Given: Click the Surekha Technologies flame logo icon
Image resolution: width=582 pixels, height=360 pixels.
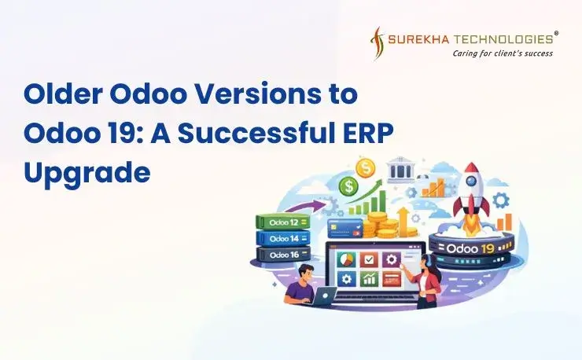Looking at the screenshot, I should click(378, 42).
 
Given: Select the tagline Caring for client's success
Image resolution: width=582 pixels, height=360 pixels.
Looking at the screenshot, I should click(502, 53).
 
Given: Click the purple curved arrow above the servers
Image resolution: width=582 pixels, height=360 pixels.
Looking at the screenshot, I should click(311, 207).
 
